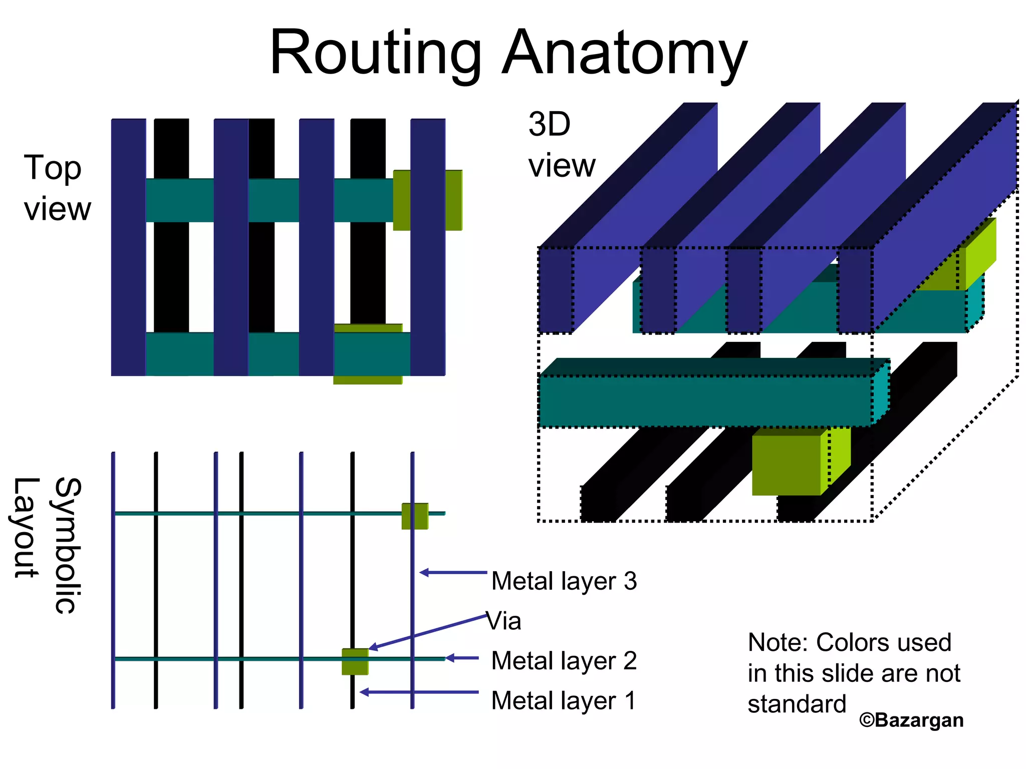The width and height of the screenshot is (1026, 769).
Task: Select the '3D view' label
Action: click(561, 145)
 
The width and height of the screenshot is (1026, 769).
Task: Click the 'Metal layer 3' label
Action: click(564, 581)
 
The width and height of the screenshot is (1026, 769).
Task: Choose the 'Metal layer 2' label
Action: click(564, 661)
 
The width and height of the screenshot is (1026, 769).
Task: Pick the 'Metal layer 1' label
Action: click(564, 700)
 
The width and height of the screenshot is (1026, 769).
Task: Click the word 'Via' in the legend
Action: click(504, 621)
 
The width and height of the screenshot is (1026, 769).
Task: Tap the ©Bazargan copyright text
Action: click(911, 720)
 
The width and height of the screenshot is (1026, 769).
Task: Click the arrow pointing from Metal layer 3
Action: click(453, 572)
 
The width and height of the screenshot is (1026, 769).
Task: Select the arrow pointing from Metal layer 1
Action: click(419, 692)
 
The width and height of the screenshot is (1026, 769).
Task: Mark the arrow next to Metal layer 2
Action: click(461, 658)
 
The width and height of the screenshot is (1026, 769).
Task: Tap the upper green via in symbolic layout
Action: click(415, 516)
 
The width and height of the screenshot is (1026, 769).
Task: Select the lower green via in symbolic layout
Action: click(355, 661)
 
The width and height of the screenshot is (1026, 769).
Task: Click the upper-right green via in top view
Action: click(427, 200)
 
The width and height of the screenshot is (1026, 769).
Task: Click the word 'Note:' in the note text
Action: click(778, 643)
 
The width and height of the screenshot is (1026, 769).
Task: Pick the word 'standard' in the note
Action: click(797, 704)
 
